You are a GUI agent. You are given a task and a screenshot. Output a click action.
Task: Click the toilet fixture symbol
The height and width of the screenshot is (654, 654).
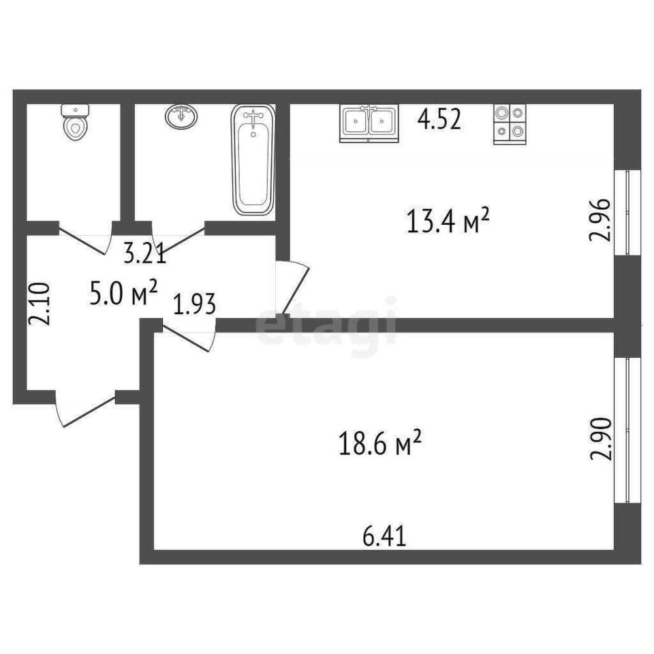pos(75,122)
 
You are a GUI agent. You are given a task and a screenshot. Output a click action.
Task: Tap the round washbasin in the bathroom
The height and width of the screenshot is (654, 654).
pos(181,116)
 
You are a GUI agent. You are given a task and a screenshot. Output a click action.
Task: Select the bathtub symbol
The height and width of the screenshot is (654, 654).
pos(253,159)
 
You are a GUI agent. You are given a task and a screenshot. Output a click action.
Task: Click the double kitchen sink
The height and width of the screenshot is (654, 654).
pos(369,124)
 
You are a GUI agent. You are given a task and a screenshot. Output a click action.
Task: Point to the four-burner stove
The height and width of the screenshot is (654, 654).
pos(510,124)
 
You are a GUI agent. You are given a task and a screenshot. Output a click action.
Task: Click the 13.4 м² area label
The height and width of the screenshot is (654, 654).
pos(447,221)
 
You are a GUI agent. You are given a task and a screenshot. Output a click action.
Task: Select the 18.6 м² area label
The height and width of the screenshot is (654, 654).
pos(380,443)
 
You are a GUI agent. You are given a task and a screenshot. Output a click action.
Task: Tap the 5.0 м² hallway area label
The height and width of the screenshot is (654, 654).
pos(123,293)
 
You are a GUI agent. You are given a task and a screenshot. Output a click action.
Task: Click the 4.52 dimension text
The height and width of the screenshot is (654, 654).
pos(439,120)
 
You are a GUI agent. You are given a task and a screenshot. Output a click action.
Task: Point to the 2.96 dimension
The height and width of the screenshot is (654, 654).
pos(599,220)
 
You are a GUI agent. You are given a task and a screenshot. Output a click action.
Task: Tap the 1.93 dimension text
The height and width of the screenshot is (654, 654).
pos(195,304)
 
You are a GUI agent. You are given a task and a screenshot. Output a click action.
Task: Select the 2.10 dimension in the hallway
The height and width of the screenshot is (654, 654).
pos(40,304)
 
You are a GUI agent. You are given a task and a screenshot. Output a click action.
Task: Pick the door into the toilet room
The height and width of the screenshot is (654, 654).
pos(86,238)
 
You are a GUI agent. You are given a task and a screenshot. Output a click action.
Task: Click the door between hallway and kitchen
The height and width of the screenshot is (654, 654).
pos(292,287)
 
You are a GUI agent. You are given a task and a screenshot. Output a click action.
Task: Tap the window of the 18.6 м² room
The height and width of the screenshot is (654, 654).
pos(627,430)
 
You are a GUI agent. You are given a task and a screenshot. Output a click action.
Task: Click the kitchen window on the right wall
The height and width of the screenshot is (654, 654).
pos(627,212)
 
